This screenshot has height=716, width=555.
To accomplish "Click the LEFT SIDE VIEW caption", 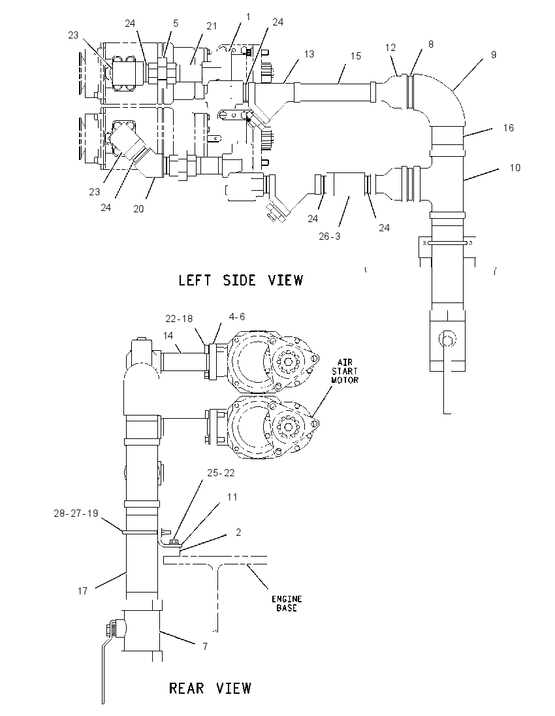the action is click(x=240, y=280).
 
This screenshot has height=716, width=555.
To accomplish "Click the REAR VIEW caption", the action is click(x=210, y=688).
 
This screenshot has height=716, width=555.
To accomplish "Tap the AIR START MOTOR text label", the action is click(x=345, y=371).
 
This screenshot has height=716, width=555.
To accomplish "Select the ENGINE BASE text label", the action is click(x=287, y=603).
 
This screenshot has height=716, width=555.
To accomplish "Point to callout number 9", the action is click(x=494, y=54).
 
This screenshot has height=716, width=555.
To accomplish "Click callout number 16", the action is click(x=509, y=128).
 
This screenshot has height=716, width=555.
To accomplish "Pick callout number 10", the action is click(x=515, y=168).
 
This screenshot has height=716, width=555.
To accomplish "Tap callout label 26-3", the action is click(x=330, y=236).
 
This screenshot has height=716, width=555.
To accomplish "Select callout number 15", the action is click(x=356, y=56).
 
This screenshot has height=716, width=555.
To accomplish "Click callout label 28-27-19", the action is click(x=76, y=513).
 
